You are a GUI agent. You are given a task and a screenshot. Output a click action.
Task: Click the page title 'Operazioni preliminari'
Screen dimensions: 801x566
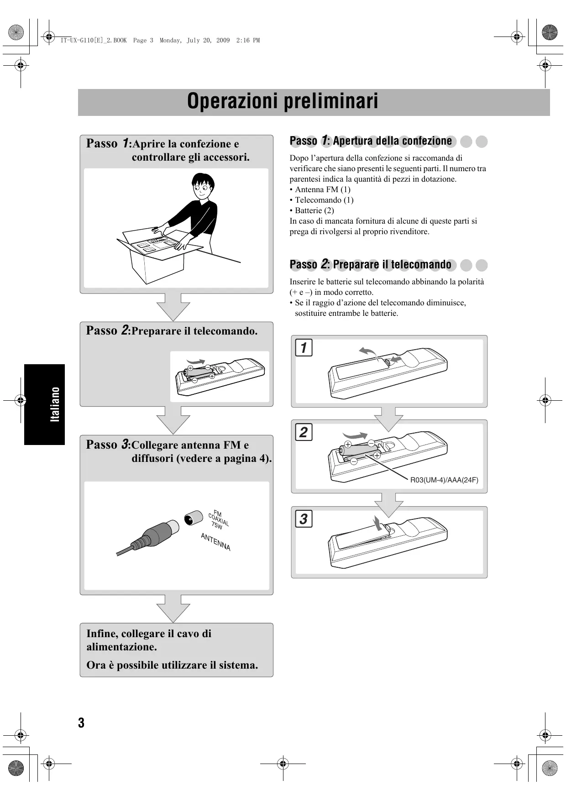(283, 101)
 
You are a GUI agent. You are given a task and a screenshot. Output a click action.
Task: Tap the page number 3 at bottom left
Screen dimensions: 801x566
(81, 722)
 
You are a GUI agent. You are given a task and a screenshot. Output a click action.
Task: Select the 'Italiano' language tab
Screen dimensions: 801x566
(55, 404)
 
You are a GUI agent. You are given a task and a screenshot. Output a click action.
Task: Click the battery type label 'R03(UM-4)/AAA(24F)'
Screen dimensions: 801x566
(444, 480)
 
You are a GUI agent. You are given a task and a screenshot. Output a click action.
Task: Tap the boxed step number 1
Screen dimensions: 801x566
(304, 347)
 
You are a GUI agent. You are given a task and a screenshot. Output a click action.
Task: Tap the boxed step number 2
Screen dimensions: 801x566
(304, 432)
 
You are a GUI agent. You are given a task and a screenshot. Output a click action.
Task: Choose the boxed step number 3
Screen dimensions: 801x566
(304, 518)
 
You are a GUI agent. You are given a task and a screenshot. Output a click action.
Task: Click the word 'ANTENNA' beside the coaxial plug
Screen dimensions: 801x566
(215, 542)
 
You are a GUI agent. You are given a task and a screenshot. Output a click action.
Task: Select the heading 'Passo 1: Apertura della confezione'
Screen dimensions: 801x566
(371, 141)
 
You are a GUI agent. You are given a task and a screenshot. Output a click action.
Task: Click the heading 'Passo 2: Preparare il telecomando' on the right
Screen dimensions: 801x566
(370, 265)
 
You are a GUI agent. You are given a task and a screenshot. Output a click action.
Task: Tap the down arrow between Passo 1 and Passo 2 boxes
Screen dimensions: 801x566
(173, 307)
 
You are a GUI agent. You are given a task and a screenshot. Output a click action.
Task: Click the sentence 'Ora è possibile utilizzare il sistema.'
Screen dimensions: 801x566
(172, 665)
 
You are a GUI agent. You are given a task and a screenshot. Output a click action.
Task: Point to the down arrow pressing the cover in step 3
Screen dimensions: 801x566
(377, 523)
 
